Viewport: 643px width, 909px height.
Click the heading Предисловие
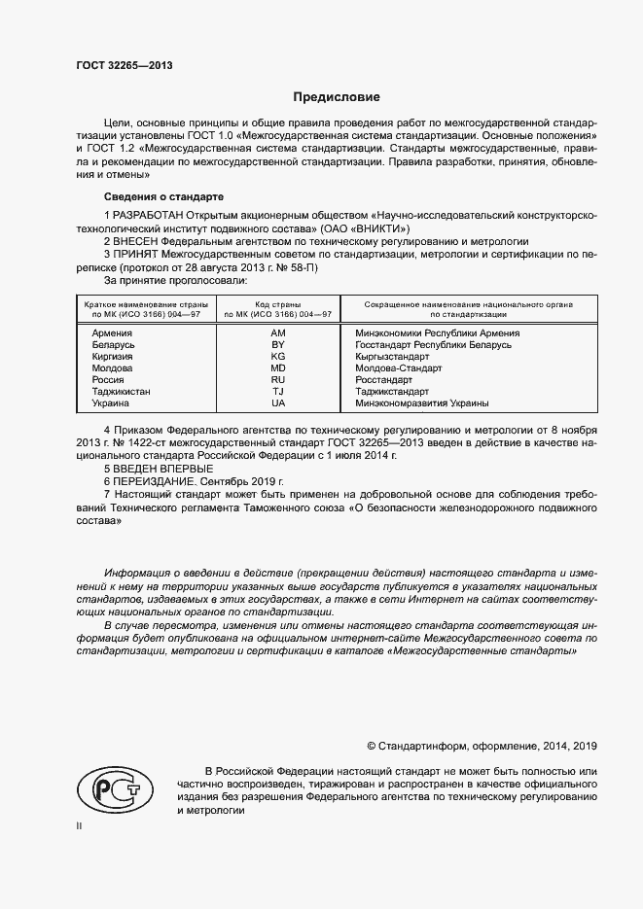338,97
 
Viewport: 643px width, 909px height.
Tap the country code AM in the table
278,333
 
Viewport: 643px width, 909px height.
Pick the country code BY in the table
278,345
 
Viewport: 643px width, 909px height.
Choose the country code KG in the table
278,357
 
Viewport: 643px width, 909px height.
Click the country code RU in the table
278,380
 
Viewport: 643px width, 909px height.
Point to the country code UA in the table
278,403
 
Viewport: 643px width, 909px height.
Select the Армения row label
112,333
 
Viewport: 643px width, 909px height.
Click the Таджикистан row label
121,392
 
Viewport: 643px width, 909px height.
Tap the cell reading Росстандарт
385,380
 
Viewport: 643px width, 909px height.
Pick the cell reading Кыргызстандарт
393,357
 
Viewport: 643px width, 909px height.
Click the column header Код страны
278,304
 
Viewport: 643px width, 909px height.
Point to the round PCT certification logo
111,785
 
